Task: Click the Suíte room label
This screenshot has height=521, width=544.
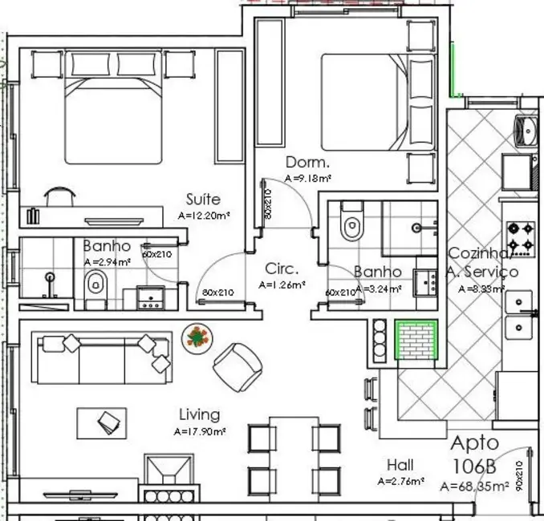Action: click(x=202, y=199)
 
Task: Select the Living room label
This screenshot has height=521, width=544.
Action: click(x=198, y=414)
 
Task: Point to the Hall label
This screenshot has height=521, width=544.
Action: click(x=400, y=465)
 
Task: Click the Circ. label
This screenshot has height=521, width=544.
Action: click(x=282, y=269)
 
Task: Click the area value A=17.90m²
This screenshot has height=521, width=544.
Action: click(x=199, y=431)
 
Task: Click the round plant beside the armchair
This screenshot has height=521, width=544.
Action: click(x=197, y=336)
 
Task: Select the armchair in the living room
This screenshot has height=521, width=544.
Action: click(x=237, y=367)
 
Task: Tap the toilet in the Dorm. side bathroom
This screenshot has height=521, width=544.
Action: click(x=351, y=227)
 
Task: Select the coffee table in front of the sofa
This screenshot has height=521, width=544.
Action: click(x=102, y=422)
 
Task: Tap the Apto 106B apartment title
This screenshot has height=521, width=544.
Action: click(x=474, y=454)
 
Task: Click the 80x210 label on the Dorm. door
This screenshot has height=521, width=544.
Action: click(x=268, y=204)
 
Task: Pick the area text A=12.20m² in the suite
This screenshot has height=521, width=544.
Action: click(x=204, y=216)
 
